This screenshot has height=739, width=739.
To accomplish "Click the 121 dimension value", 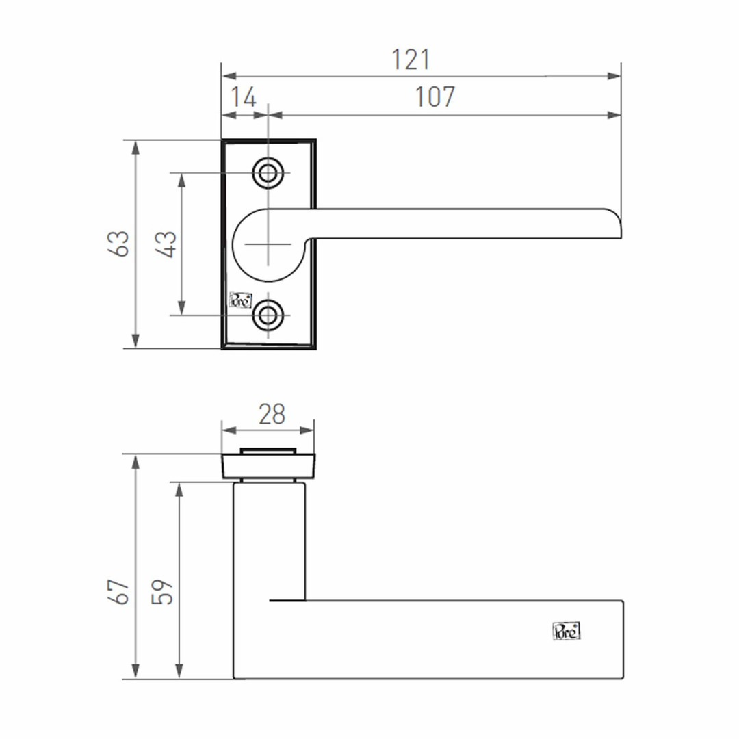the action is [x=411, y=60].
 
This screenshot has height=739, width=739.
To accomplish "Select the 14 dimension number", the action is [x=243, y=97].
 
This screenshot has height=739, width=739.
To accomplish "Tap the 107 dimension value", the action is [x=435, y=97].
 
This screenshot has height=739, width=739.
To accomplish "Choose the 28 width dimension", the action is [x=272, y=414].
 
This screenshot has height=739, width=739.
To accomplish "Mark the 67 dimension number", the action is [x=118, y=591].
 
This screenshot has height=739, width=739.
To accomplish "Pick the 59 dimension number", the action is [x=163, y=591].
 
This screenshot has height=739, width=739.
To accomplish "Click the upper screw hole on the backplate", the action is [x=268, y=173].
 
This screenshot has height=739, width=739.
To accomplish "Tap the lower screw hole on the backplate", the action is [x=268, y=315].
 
